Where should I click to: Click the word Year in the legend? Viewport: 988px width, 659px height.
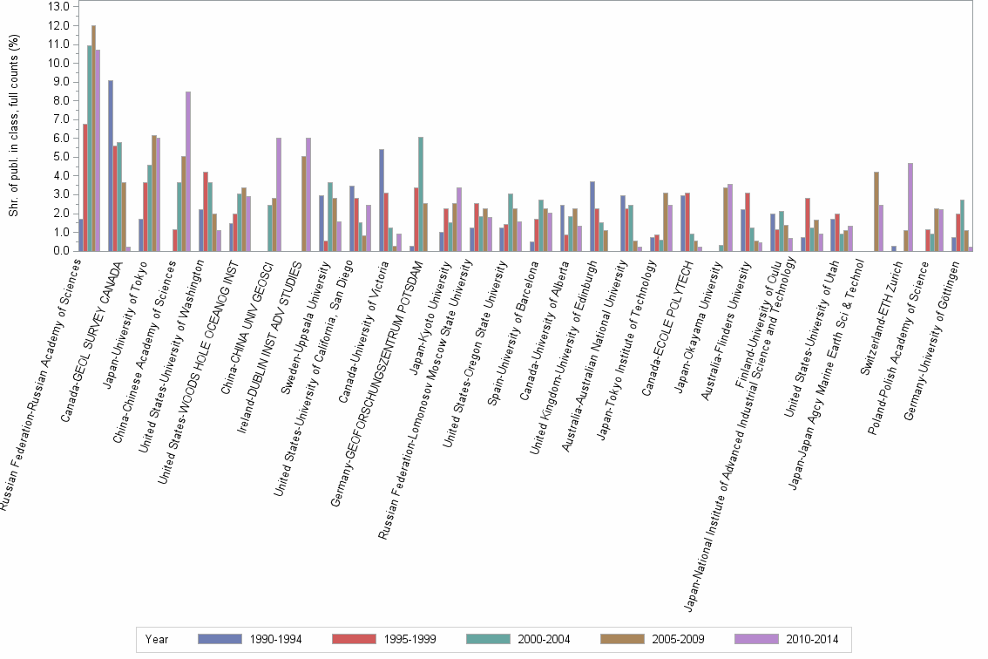point(157,639)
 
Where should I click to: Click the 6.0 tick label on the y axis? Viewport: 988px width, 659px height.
point(60,139)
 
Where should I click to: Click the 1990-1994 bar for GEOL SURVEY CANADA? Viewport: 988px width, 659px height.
point(111,166)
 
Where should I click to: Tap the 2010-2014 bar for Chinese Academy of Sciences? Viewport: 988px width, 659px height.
point(187,171)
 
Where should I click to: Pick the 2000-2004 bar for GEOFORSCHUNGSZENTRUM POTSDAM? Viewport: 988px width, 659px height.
point(421,194)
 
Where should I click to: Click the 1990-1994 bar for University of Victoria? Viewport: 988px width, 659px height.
point(381,200)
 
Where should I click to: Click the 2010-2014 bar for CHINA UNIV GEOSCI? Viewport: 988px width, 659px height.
point(278,194)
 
